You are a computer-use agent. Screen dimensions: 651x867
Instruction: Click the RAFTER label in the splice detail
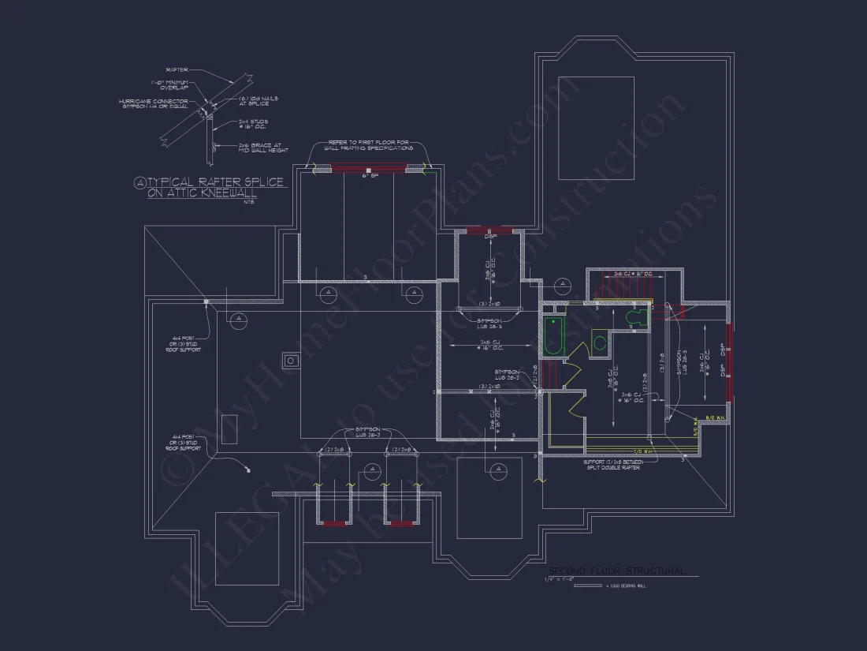coord(177,69)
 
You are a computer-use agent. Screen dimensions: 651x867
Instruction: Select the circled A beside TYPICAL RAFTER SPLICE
coord(140,183)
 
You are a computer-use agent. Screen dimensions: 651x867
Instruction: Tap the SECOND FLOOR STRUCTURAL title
coord(616,571)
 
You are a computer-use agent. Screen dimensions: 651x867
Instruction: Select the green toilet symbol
coord(636,317)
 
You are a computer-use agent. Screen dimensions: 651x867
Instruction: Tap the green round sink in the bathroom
coord(600,343)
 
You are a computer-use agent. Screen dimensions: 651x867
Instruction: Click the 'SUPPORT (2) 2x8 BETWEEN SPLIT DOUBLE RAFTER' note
coord(612,465)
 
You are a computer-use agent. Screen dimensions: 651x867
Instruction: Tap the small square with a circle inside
coord(291,361)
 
